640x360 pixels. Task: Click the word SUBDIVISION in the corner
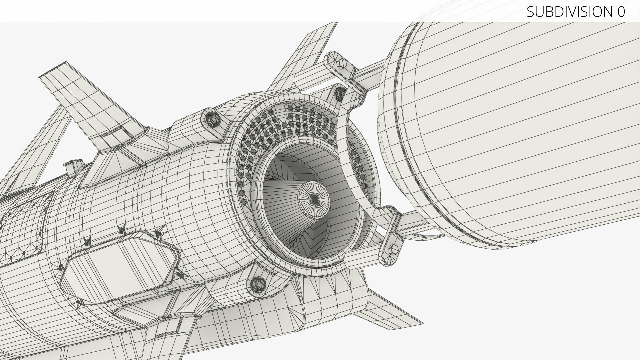[568, 12]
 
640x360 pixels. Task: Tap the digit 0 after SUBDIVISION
[621, 12]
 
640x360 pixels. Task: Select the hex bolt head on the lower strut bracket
[392, 250]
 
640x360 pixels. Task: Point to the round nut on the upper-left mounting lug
[212, 118]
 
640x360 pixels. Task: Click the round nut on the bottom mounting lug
[257, 284]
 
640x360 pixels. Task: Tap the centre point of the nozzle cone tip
[315, 199]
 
